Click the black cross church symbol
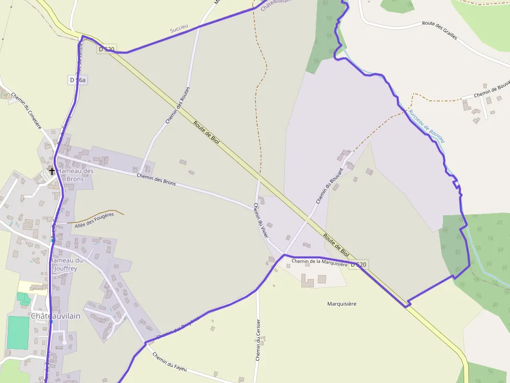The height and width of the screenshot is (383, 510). pos(52,170)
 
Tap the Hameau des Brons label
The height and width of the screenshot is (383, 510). pos(75,175)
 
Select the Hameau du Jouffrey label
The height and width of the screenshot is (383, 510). pos(66,265)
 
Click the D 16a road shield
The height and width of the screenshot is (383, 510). pos(78,80)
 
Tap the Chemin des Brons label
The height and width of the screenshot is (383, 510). pos(156,180)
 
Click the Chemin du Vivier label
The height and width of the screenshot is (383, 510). pos(261,220)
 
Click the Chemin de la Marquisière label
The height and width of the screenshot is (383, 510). pos(319,262)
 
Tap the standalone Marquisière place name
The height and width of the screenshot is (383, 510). pos(342,303)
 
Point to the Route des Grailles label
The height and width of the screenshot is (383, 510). pos(443,27)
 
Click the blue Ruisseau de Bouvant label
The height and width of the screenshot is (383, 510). pos(427,126)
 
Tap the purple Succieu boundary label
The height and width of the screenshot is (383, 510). pos(178,30)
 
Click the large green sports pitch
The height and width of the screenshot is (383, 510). pos(18,332)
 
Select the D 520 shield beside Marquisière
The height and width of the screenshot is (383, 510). pos(359,265)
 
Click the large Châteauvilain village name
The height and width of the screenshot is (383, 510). pos(56,316)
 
